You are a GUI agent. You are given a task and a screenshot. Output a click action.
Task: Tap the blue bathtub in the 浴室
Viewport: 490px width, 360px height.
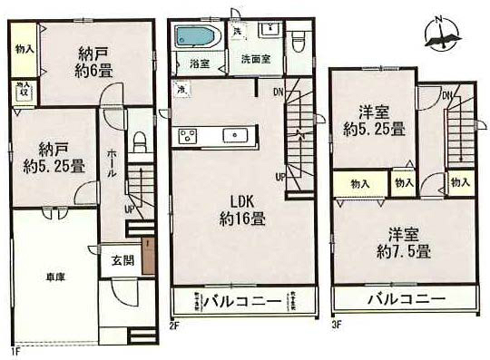(x=193, y=39)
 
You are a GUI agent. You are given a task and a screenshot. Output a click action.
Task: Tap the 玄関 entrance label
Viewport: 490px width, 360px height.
(x=122, y=260)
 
